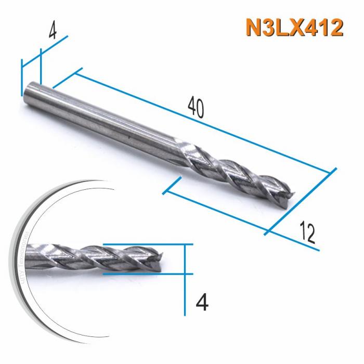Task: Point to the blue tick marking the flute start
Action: pyautogui.click(x=171, y=186)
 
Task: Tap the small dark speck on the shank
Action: pyautogui.click(x=128, y=137)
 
